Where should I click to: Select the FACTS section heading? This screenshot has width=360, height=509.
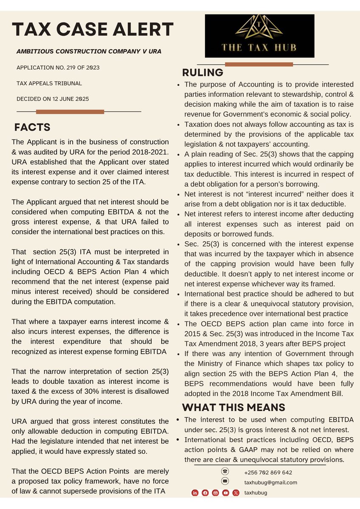tap(32, 127)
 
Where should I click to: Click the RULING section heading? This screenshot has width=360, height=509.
tap(202, 73)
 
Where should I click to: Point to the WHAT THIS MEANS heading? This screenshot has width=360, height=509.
tap(233, 408)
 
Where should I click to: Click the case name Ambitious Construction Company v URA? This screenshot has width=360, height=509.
tap(89, 51)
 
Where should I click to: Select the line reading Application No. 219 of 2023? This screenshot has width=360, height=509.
tap(58, 67)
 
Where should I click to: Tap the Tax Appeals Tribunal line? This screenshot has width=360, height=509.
tap(49, 83)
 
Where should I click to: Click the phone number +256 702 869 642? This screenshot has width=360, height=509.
tap(268, 473)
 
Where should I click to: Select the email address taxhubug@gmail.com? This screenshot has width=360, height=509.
tap(270, 482)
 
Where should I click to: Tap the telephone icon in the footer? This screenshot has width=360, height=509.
tap(225, 472)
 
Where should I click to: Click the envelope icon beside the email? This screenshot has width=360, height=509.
tap(225, 481)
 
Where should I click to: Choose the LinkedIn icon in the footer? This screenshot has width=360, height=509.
tap(195, 492)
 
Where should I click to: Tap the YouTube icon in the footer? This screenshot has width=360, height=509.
tap(225, 492)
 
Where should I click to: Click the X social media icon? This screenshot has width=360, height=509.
tap(236, 492)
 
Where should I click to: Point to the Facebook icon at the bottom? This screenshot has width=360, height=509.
tap(205, 492)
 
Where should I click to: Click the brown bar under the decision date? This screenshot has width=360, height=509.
tap(70, 112)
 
